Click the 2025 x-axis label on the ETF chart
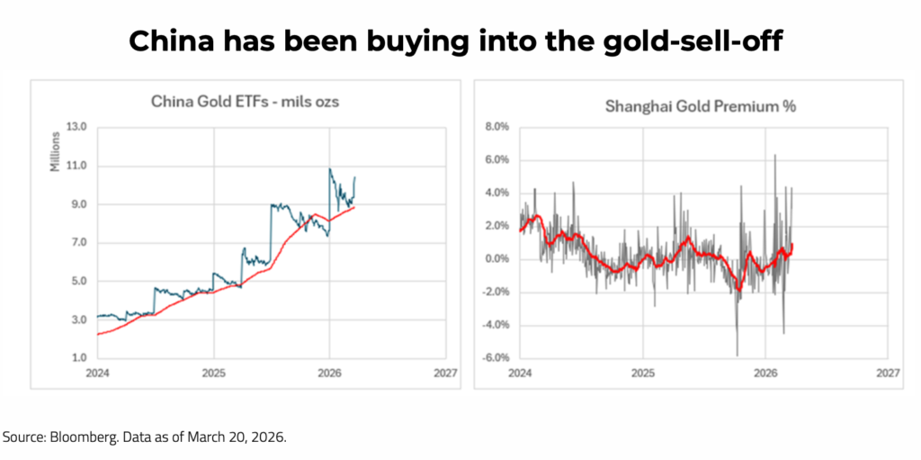[x=213, y=372]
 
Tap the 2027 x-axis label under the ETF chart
[x=445, y=372]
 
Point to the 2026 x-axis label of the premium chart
[x=765, y=372]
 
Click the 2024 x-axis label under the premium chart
[x=520, y=372]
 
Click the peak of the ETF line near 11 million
[x=330, y=169]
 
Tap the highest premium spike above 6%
[x=774, y=155]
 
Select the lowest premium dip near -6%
[x=737, y=355]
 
